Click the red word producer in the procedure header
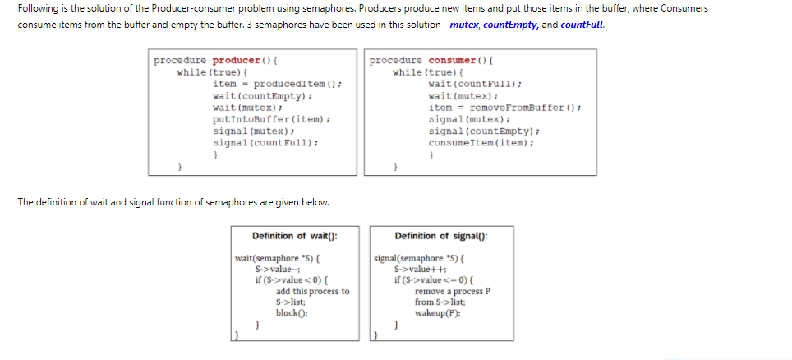pos(236,61)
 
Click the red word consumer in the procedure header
pos(452,61)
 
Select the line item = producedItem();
pos(277,85)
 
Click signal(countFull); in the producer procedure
pos(265,142)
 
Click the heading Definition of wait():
pos(294,236)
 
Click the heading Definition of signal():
pos(440,236)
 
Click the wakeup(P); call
pos(438,312)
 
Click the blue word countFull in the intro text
pos(582,25)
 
